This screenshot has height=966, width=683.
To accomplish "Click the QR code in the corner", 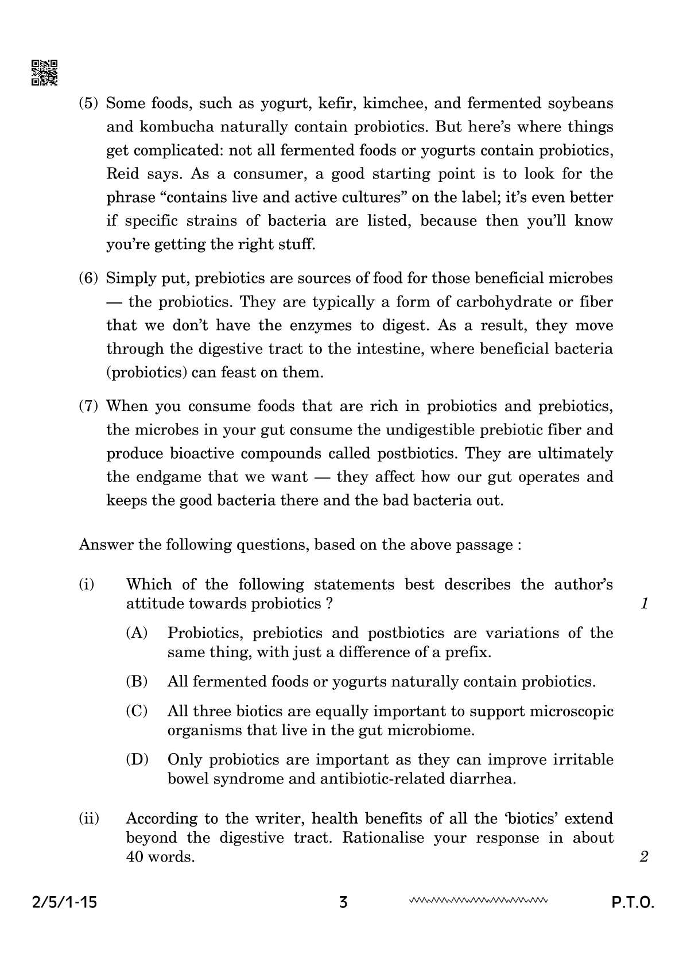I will [44, 73].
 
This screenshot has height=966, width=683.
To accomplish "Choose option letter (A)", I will [137, 634].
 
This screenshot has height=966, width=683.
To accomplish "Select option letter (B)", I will [137, 682].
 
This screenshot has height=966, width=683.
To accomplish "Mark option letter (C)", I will [137, 712].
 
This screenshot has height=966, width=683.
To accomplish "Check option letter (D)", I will [137, 761].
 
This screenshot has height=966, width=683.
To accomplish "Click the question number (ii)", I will [89, 819].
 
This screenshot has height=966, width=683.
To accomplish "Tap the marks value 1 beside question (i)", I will [644, 604].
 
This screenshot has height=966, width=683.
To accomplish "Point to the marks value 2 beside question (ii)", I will [643, 858].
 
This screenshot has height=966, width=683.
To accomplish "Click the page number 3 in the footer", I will [343, 903].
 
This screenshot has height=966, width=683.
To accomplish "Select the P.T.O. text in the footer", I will [632, 903].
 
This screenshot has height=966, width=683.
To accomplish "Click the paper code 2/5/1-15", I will [63, 903].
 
